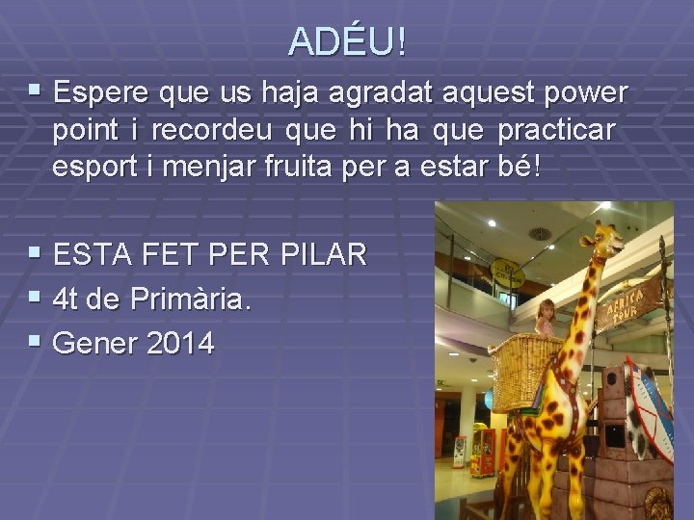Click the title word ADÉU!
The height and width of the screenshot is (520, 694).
[347, 41]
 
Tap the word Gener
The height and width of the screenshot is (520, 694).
[94, 344]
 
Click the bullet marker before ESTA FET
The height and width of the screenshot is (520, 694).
[36, 254]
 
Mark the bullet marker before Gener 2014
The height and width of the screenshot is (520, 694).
[36, 343]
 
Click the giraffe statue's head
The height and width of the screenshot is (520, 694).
[602, 241]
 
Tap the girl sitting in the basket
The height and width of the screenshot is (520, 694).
[547, 318]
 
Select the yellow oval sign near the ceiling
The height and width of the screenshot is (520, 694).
[507, 273]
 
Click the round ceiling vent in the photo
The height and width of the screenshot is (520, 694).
[540, 233]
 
